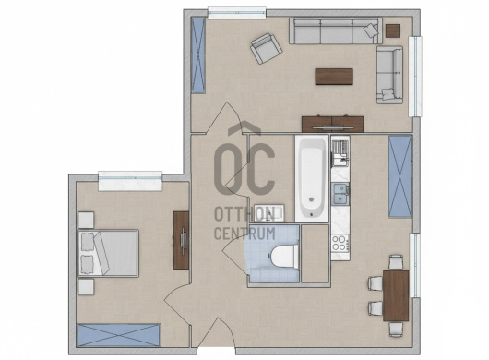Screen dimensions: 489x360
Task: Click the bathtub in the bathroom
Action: (x=312, y=178)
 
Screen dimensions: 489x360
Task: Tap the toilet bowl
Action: (x=283, y=257)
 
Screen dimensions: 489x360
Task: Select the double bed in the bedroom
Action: (x=108, y=253)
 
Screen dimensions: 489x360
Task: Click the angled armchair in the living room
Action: (x=266, y=48)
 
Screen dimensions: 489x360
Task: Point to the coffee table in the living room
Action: (x=334, y=77)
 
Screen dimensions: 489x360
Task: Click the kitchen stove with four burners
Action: (x=340, y=243)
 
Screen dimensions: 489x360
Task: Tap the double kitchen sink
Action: (x=340, y=194)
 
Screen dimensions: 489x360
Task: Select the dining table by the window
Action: (x=396, y=295)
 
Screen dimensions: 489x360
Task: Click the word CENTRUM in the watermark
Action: (x=244, y=234)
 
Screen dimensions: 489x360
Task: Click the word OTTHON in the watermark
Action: (x=244, y=214)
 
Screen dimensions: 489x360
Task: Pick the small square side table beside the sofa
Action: (x=392, y=30)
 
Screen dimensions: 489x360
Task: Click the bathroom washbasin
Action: (x=269, y=212)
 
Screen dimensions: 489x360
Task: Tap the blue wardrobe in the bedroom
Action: (x=118, y=335)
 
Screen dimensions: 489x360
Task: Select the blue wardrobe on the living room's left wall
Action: (x=198, y=54)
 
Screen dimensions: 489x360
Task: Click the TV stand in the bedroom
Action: (x=181, y=240)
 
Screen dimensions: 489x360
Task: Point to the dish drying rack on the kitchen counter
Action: (x=340, y=148)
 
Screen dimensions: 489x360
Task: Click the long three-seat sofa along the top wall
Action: (x=336, y=30)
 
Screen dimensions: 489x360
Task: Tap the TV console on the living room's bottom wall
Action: (x=332, y=125)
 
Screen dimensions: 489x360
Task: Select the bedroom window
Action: (x=130, y=181)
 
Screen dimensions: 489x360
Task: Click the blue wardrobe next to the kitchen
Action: (x=400, y=176)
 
